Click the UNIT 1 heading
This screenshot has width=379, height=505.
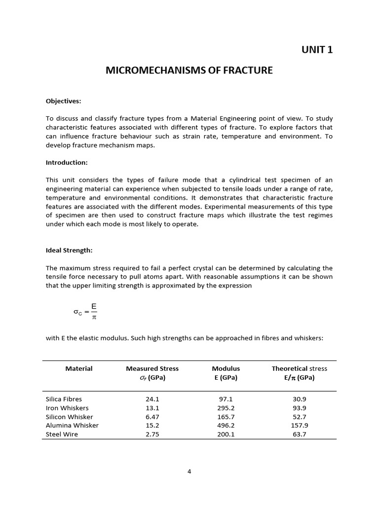tap(317, 49)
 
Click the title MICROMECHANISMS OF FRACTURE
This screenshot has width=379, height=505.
tap(189, 70)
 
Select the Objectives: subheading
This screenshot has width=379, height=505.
tap(63, 101)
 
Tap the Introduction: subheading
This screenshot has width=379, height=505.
tap(67, 162)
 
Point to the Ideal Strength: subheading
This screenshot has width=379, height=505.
tap(69, 250)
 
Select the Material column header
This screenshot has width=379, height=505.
tap(79, 368)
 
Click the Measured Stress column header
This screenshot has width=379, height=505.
tap(152, 373)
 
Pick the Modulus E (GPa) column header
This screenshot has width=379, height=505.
tap(226, 373)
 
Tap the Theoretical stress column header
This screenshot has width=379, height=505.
tap(299, 373)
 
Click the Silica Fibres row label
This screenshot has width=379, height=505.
tap(64, 399)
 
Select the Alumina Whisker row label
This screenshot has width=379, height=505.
tap(72, 425)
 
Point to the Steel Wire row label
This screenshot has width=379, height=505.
tap(62, 434)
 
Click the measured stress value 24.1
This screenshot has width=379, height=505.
tap(152, 399)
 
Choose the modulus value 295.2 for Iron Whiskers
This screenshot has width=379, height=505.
tap(226, 408)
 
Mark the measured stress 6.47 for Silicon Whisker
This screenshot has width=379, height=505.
tap(152, 417)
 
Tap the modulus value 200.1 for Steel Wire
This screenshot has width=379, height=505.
tap(226, 434)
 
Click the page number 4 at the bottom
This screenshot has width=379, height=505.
tap(189, 471)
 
